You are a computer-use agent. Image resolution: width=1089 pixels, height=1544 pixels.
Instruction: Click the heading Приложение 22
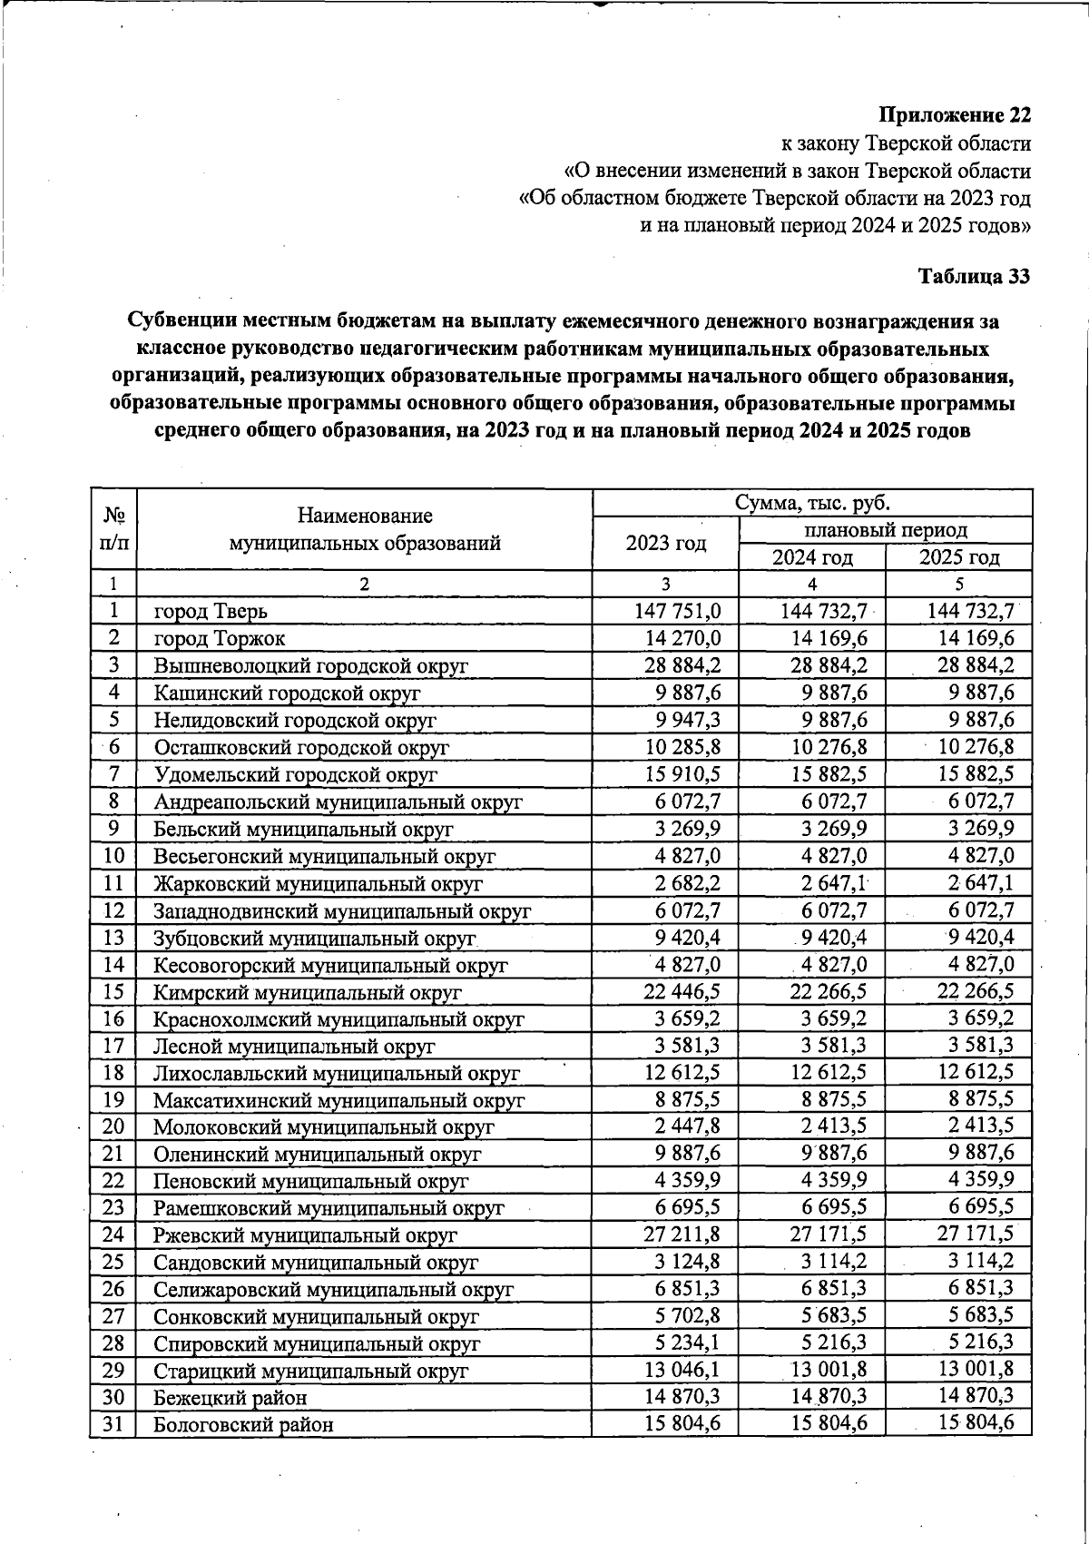point(956,116)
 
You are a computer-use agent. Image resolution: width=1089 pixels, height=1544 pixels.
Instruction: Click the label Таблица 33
point(975,277)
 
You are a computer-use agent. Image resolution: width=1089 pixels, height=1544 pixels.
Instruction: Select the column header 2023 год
point(665,543)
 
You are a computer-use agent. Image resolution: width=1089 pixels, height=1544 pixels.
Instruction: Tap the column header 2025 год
point(958,557)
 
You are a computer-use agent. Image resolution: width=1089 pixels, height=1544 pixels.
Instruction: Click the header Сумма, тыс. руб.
point(812,503)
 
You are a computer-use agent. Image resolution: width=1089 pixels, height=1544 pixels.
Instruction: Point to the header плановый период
point(886,530)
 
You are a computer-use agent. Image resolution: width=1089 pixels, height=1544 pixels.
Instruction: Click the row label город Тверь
point(211,612)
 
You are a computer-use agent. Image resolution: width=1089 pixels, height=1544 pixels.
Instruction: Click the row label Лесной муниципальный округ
point(294,1046)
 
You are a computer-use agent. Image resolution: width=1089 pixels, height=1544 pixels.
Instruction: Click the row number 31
point(113,1423)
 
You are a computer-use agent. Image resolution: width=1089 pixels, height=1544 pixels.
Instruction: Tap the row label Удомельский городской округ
point(295,775)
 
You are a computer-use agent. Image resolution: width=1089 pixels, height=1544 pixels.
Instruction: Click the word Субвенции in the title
point(182,321)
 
